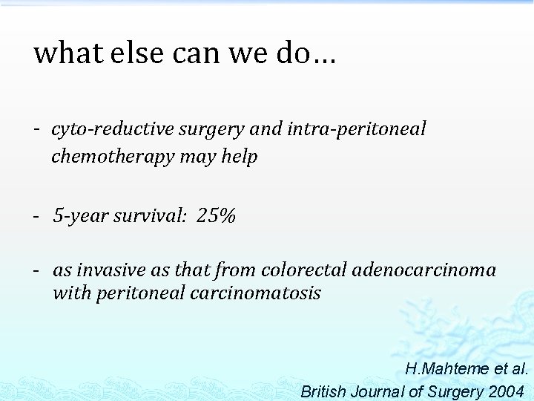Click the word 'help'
pos(239,157)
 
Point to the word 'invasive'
pos(111,270)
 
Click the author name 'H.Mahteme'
pos(447,369)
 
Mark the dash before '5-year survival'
pos(36,216)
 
